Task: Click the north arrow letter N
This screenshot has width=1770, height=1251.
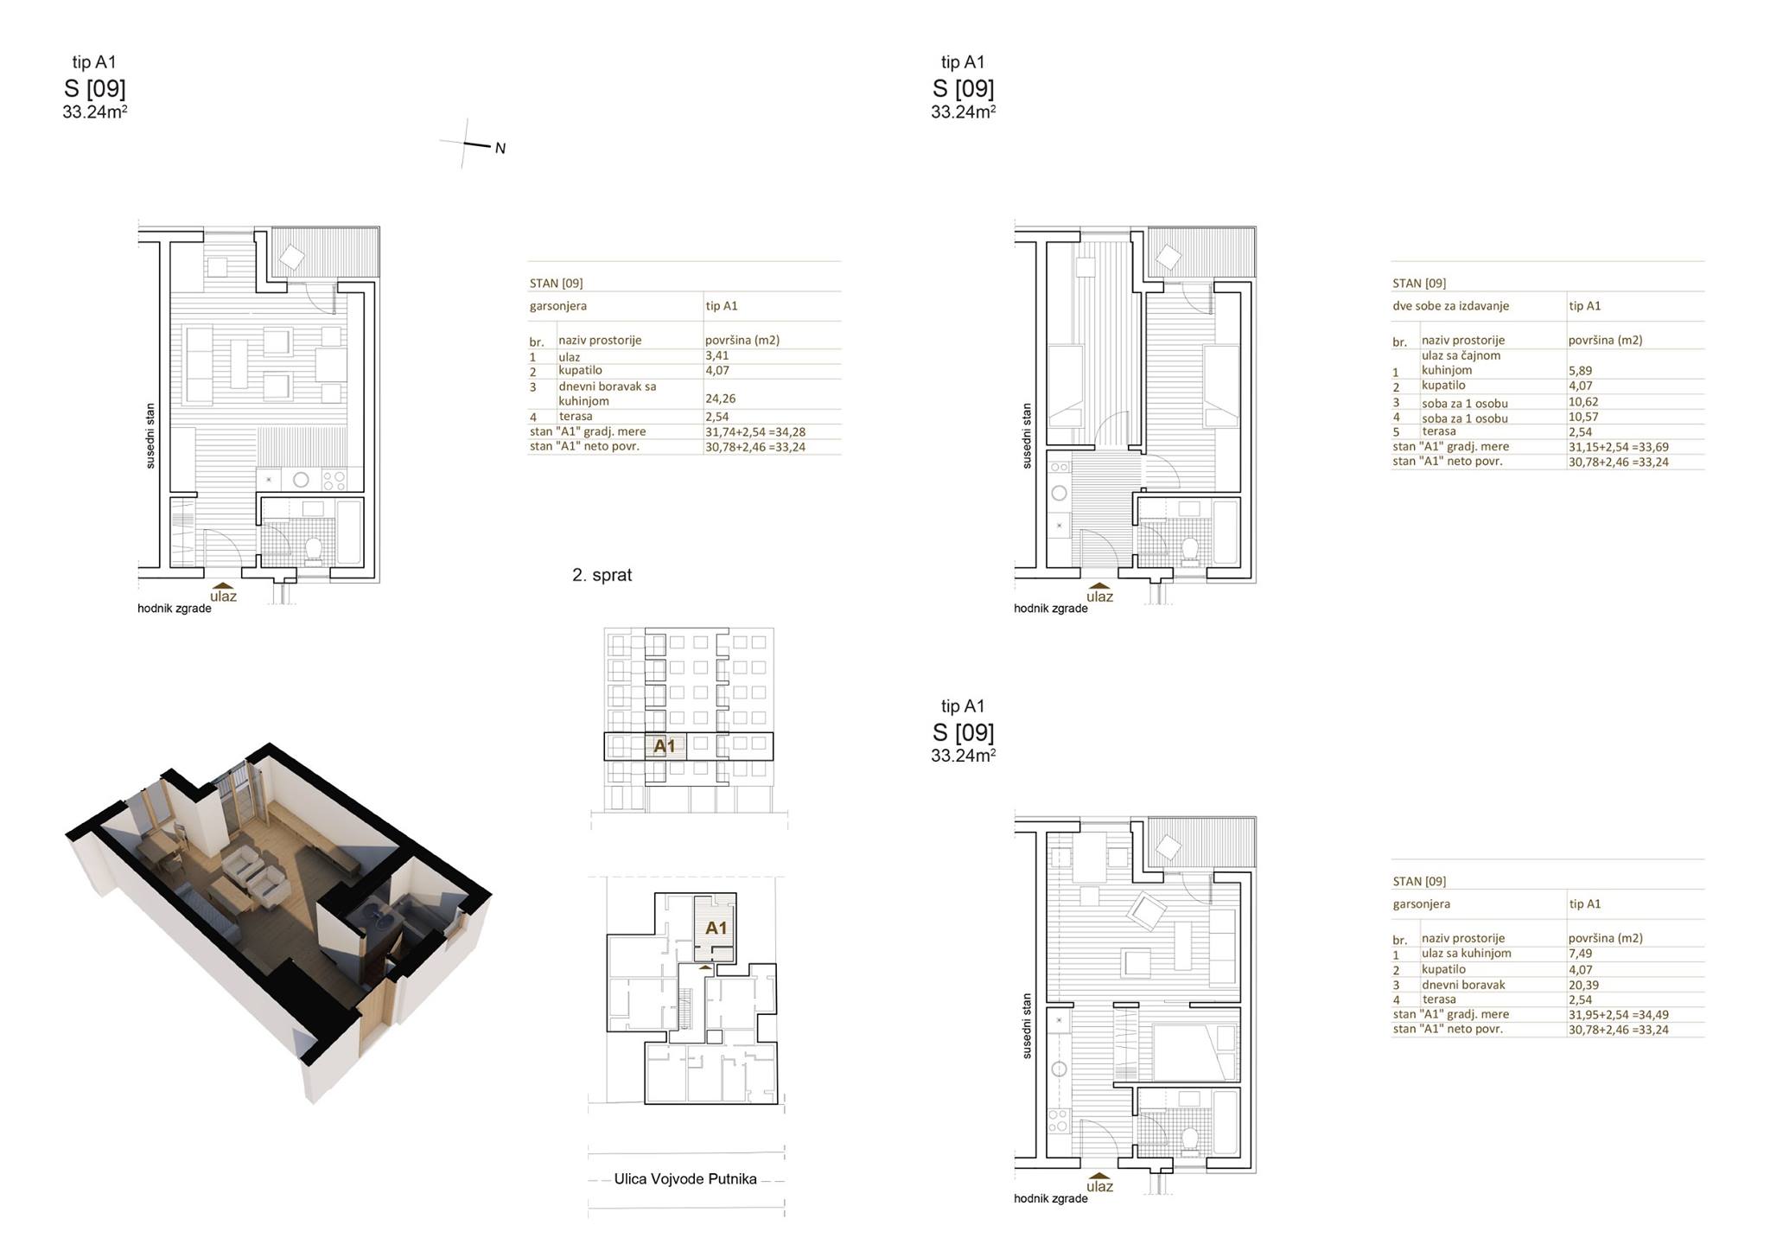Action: pos(500,149)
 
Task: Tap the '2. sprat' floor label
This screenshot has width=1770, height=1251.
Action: pos(602,575)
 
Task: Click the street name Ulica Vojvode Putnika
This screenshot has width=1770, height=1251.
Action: pos(685,1178)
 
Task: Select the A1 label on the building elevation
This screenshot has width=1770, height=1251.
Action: pos(664,745)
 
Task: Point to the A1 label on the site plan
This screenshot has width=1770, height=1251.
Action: pos(716,928)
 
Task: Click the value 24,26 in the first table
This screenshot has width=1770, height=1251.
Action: pos(720,399)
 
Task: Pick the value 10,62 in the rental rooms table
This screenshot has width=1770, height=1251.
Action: pos(1583,402)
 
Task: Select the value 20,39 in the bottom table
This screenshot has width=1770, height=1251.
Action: pos(1583,985)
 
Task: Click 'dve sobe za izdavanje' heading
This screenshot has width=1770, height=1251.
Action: pos(1450,306)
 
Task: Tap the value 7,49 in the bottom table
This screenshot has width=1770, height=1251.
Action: pos(1580,954)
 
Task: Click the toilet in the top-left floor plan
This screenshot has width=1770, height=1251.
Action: pos(313,549)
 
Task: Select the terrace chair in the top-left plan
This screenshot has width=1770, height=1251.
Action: pos(292,257)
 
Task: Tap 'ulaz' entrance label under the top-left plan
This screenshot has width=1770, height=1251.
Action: pos(223,596)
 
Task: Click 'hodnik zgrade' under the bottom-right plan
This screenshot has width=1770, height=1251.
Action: pos(1051,1199)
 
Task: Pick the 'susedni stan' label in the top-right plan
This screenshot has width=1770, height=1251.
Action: pos(1027,436)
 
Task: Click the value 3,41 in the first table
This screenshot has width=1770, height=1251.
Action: pos(716,355)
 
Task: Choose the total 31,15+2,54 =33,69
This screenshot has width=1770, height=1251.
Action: pos(1619,447)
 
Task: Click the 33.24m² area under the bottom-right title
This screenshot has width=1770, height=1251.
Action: pos(964,756)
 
